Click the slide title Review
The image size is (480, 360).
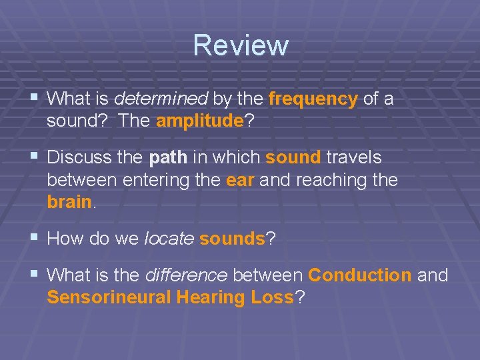pyautogui.click(x=241, y=45)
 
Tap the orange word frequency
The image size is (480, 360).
pyautogui.click(x=313, y=99)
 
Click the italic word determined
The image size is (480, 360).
pyautogui.click(x=161, y=99)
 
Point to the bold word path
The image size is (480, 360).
pyautogui.click(x=168, y=158)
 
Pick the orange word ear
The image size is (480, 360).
pyautogui.click(x=240, y=180)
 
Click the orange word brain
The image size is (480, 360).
pyautogui.click(x=69, y=202)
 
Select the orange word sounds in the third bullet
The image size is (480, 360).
pyautogui.click(x=232, y=239)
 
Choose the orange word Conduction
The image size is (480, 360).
pyautogui.click(x=360, y=275)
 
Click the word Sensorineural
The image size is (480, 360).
pyautogui.click(x=109, y=297)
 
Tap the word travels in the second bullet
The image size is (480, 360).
pyautogui.click(x=355, y=158)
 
